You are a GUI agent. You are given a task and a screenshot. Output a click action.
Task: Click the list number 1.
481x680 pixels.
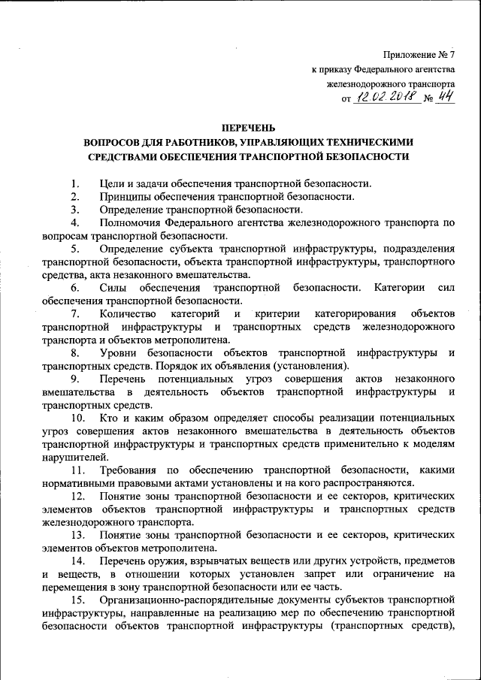[x=74, y=183]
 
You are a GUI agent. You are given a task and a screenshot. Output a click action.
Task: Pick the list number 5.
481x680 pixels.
[x=74, y=249]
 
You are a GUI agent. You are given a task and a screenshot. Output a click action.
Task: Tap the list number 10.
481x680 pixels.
[x=77, y=416]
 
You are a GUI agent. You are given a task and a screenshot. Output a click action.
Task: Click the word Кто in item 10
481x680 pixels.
[x=107, y=416]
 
